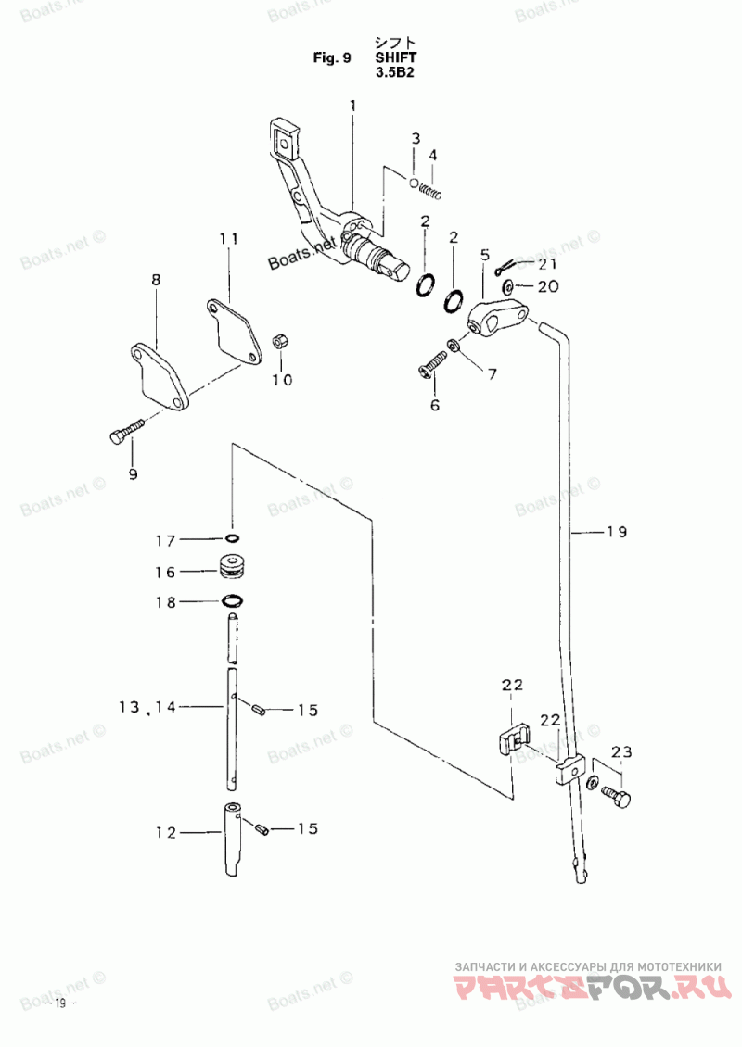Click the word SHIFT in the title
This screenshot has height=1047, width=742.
[x=396, y=57]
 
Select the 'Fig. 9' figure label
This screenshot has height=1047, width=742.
[x=332, y=57]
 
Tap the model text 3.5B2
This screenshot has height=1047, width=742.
[x=395, y=72]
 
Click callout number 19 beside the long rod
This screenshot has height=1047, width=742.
[x=617, y=532]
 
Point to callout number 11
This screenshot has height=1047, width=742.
[x=228, y=238]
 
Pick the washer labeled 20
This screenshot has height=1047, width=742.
[x=508, y=287]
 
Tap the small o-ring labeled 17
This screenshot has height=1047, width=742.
[x=231, y=538]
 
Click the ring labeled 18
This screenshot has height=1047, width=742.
[x=232, y=601]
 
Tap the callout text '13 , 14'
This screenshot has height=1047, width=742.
[x=147, y=706]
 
